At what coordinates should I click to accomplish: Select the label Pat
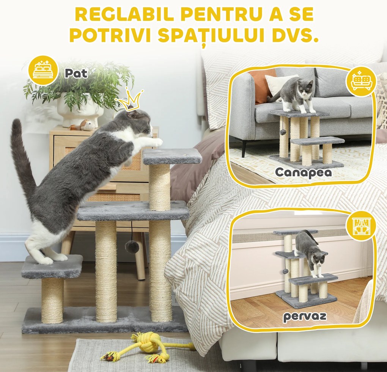76,73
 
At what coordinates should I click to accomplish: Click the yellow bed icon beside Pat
43,70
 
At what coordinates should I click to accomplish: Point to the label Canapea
303,172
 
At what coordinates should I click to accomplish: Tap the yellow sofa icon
360,81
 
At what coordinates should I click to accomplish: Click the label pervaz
304,316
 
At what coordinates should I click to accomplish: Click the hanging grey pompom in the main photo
132,247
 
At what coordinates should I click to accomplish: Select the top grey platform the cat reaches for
172,156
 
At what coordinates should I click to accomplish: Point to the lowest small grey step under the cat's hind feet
52,266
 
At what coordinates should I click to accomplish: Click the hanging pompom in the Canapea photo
283,132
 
